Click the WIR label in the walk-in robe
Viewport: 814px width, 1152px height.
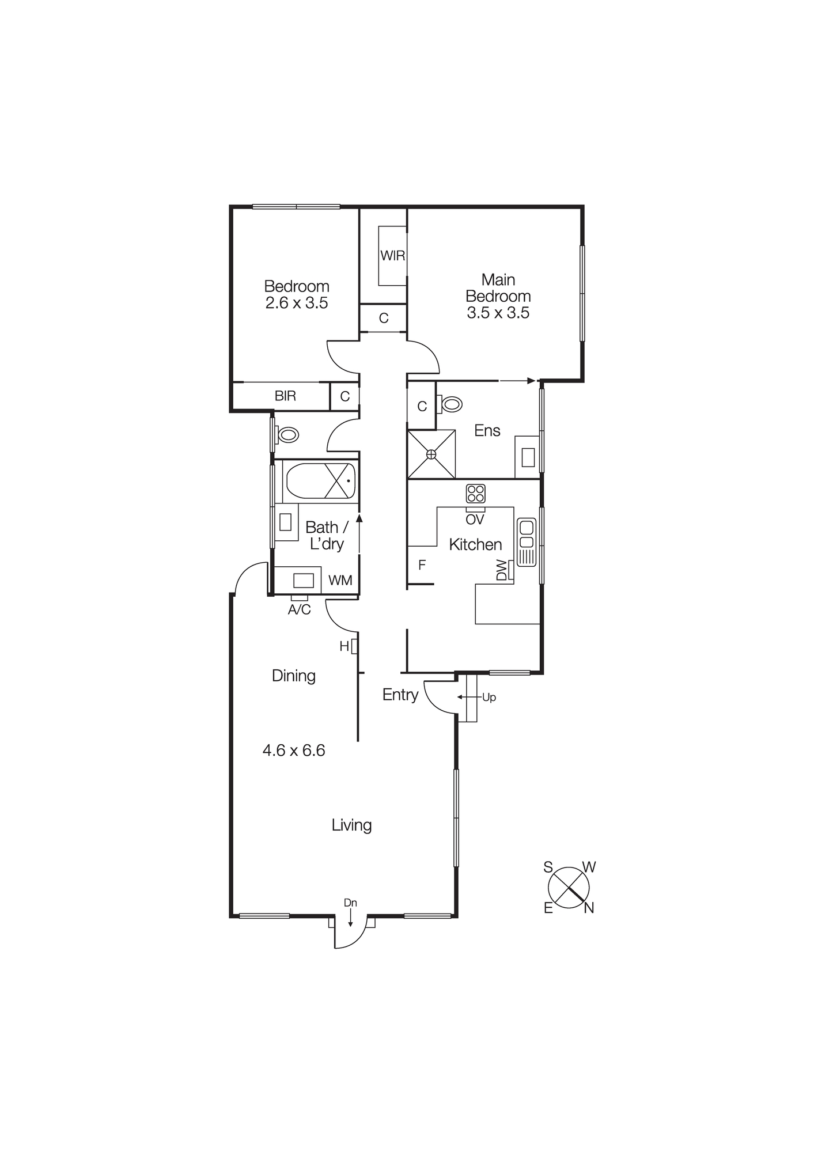pos(392,256)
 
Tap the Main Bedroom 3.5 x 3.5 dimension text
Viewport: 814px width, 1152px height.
pos(498,313)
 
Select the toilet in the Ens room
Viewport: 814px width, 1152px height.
pos(450,404)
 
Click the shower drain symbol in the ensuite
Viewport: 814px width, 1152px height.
pos(431,454)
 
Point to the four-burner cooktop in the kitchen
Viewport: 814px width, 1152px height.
pos(475,494)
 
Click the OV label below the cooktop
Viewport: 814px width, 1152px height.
pos(475,520)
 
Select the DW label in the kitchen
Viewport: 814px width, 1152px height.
pos(501,571)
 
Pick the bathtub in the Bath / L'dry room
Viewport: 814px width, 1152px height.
pos(320,481)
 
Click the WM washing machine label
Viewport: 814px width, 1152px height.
pos(340,581)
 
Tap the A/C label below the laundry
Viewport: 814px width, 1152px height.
pos(299,609)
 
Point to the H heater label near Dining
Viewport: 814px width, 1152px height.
pos(344,647)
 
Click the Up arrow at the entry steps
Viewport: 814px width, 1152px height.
pos(488,698)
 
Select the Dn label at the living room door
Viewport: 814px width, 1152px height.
pos(350,902)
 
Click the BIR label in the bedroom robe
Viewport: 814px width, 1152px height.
pos(285,396)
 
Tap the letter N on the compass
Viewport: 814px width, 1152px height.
pos(589,908)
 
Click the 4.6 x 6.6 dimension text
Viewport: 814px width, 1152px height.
pos(294,751)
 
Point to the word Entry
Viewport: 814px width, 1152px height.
pos(400,695)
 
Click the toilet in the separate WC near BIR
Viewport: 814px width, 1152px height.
pos(287,434)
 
